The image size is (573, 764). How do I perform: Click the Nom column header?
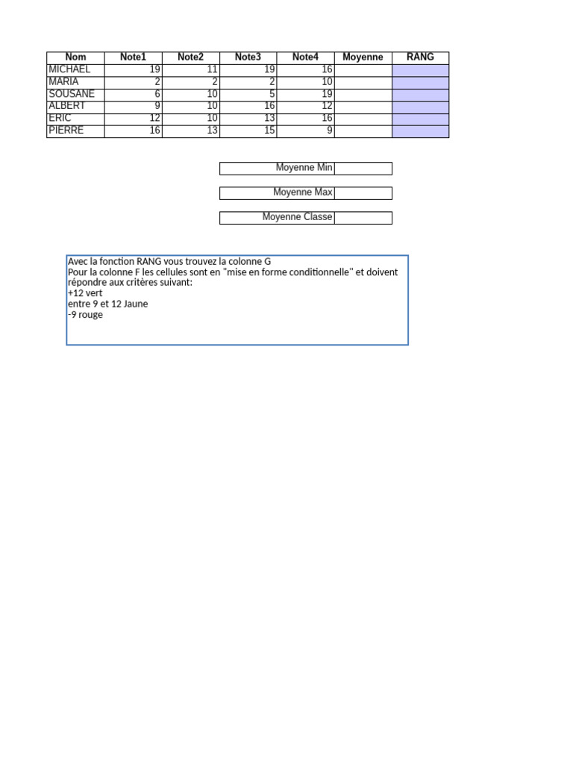75,57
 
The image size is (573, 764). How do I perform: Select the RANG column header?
420,57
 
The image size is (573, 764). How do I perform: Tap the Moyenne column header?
363,57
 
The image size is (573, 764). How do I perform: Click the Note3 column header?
248,57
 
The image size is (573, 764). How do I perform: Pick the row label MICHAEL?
69,69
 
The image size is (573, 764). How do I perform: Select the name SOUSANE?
72,94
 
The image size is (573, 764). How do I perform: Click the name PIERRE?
66,131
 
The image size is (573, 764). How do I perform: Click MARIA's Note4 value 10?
328,82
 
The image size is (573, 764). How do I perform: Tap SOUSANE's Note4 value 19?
328,94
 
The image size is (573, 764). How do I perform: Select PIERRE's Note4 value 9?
330,131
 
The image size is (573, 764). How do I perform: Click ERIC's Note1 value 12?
155,119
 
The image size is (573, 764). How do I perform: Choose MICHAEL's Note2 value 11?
213,69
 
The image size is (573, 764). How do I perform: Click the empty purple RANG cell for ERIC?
420,119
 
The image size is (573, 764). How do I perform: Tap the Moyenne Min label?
304,168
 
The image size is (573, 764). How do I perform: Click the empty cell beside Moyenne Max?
363,192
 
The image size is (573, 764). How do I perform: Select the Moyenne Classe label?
297,217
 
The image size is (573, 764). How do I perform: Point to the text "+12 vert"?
85,294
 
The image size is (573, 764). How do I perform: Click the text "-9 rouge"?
85,315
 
